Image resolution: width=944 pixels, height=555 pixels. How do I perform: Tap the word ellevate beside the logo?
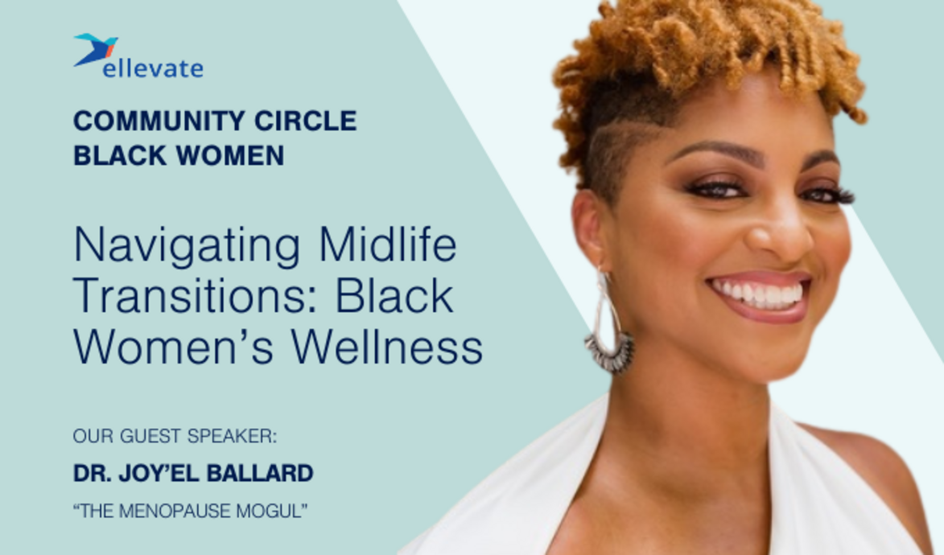click(153, 69)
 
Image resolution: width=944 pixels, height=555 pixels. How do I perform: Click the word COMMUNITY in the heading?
click(143, 121)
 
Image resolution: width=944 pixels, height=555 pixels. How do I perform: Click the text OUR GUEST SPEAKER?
click(175, 436)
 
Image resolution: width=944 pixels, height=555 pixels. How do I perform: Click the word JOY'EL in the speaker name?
click(159, 474)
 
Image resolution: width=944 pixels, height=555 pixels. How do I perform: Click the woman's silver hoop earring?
click(608, 330)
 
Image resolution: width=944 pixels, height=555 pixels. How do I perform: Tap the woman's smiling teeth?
click(757, 294)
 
